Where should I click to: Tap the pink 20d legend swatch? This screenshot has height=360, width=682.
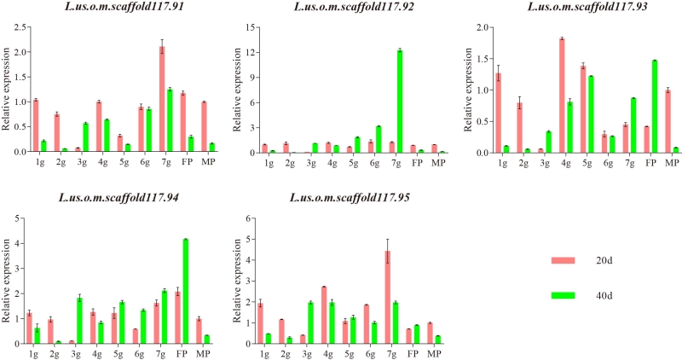(564, 260)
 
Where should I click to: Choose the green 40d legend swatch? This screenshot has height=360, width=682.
(564, 295)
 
